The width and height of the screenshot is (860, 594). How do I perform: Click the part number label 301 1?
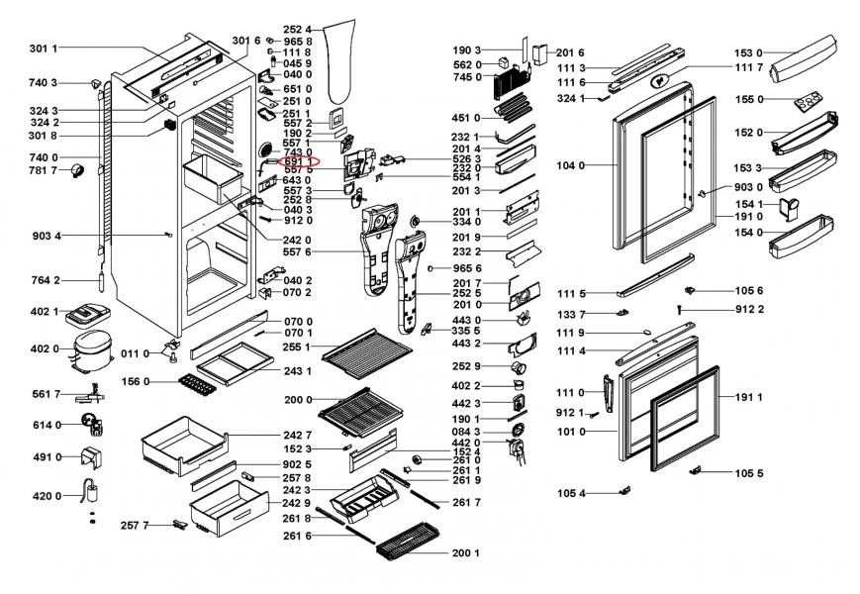(43, 49)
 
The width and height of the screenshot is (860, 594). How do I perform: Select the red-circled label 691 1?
(299, 160)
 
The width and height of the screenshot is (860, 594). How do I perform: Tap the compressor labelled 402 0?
(96, 349)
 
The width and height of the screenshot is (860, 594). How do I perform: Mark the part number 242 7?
(297, 435)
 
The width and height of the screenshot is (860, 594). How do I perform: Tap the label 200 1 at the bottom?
(465, 552)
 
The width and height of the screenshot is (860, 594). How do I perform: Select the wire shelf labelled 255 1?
(366, 346)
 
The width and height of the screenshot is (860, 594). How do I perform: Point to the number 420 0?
(46, 496)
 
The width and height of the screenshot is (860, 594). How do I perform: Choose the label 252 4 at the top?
(297, 29)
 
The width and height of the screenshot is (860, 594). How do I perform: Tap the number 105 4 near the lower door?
(571, 493)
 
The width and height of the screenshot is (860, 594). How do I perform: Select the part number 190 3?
(466, 49)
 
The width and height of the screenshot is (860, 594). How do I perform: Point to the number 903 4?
(46, 236)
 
